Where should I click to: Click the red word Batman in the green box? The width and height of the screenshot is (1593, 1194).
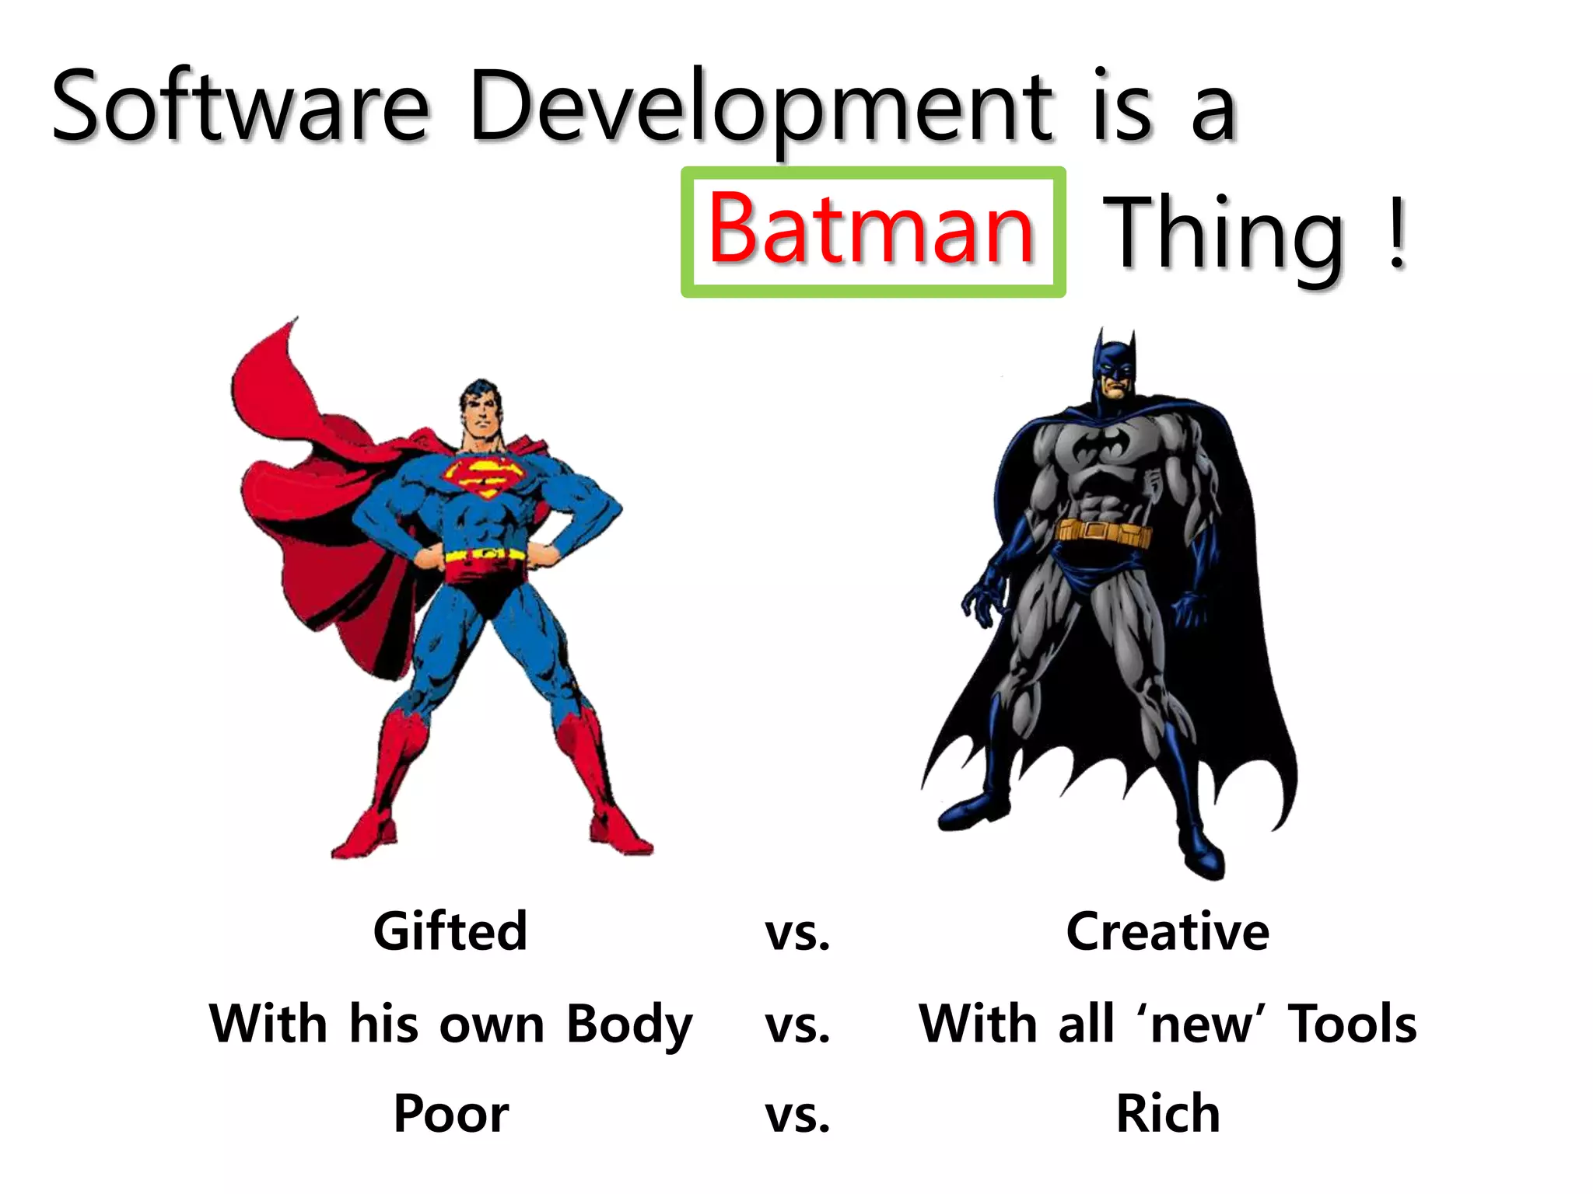point(871,230)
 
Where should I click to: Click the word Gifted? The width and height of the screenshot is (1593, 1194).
point(450,931)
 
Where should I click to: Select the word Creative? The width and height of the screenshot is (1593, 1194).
point(1167,931)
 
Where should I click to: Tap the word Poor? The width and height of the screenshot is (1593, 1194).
point(451,1113)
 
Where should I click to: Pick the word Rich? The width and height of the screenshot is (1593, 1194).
point(1167,1113)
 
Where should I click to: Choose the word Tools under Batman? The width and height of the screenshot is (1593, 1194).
point(1352,1023)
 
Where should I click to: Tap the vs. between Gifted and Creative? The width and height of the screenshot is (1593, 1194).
point(797,933)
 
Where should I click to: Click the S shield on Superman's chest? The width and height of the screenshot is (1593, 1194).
point(484,476)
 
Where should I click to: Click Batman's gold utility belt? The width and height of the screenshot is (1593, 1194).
point(1103,532)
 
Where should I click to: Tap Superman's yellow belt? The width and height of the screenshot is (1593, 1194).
point(484,555)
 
